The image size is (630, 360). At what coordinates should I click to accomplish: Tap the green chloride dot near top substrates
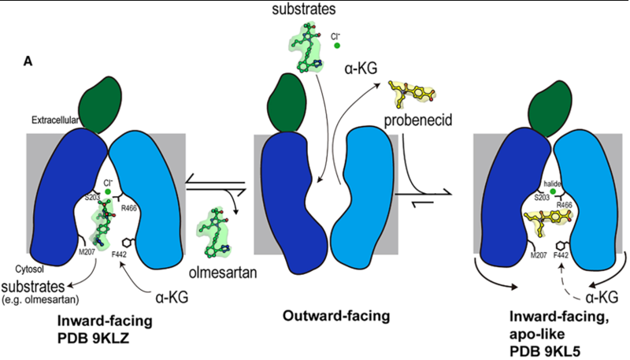(336, 46)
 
